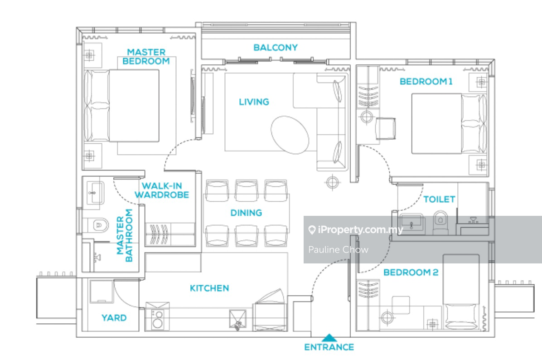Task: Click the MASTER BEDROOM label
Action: pyautogui.click(x=146, y=57)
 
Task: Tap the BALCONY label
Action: pyautogui.click(x=276, y=47)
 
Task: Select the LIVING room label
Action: pyautogui.click(x=254, y=102)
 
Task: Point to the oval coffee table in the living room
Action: pyautogui.click(x=290, y=135)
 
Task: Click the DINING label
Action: pyautogui.click(x=246, y=213)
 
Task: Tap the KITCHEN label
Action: pyautogui.click(x=209, y=288)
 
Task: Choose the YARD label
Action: pyautogui.click(x=114, y=318)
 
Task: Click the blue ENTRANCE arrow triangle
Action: pyautogui.click(x=329, y=338)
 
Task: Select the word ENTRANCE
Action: pyautogui.click(x=329, y=347)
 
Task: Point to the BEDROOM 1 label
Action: pyautogui.click(x=426, y=81)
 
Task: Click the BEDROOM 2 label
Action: pyautogui.click(x=411, y=272)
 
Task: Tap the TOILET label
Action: pyautogui.click(x=439, y=199)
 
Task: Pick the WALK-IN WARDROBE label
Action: pyautogui.click(x=162, y=190)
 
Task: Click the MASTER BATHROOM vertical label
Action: pyautogui.click(x=125, y=235)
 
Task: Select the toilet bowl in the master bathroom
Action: pyautogui.click(x=98, y=225)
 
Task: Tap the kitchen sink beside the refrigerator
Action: pyautogui.click(x=238, y=319)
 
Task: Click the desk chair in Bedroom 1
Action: pyautogui.click(x=386, y=129)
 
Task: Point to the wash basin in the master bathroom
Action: pyautogui.click(x=96, y=193)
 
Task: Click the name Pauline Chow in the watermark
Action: pyautogui.click(x=338, y=250)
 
